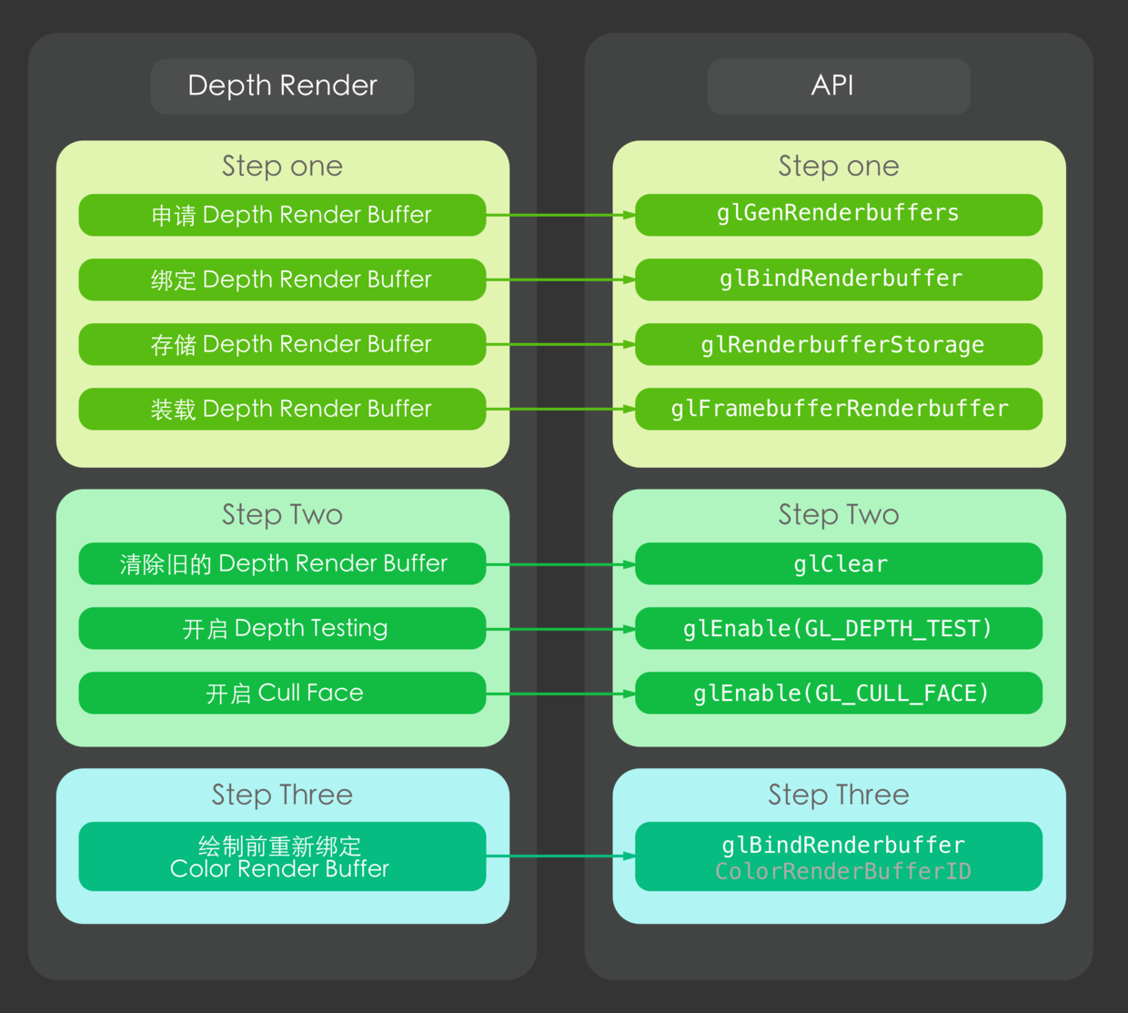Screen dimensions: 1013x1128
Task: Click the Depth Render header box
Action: (282, 86)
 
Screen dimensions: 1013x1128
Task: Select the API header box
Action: (838, 86)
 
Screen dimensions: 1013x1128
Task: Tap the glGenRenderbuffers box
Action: (838, 215)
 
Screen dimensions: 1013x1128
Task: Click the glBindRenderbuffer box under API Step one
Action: (838, 279)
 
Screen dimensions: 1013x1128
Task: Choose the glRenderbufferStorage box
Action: (838, 344)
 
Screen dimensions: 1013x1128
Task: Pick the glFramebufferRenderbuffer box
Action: (838, 409)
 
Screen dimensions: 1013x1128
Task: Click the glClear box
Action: (838, 564)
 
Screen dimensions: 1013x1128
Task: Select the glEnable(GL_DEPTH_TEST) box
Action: (838, 629)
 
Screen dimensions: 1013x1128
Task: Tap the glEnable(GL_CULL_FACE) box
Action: (838, 694)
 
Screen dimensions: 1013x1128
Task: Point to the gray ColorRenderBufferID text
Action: (842, 872)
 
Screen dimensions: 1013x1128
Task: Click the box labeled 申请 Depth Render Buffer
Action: (282, 215)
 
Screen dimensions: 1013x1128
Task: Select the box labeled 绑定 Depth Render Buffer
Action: (282, 279)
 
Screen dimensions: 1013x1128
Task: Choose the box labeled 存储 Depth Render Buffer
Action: (282, 344)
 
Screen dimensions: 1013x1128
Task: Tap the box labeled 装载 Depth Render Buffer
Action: (282, 409)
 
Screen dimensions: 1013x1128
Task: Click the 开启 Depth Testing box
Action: (282, 629)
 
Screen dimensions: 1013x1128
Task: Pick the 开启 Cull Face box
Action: (282, 694)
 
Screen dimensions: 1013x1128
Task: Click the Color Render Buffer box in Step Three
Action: (282, 856)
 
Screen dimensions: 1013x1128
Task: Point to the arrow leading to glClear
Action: (559, 564)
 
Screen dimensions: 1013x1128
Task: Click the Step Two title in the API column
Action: (838, 515)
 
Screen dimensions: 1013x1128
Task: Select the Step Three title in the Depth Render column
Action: (282, 795)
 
